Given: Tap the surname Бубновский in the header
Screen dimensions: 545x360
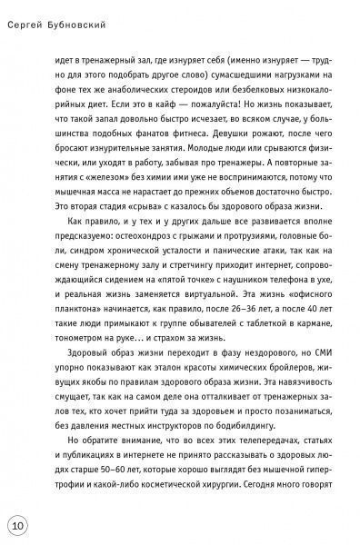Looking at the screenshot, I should tap(95, 11).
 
